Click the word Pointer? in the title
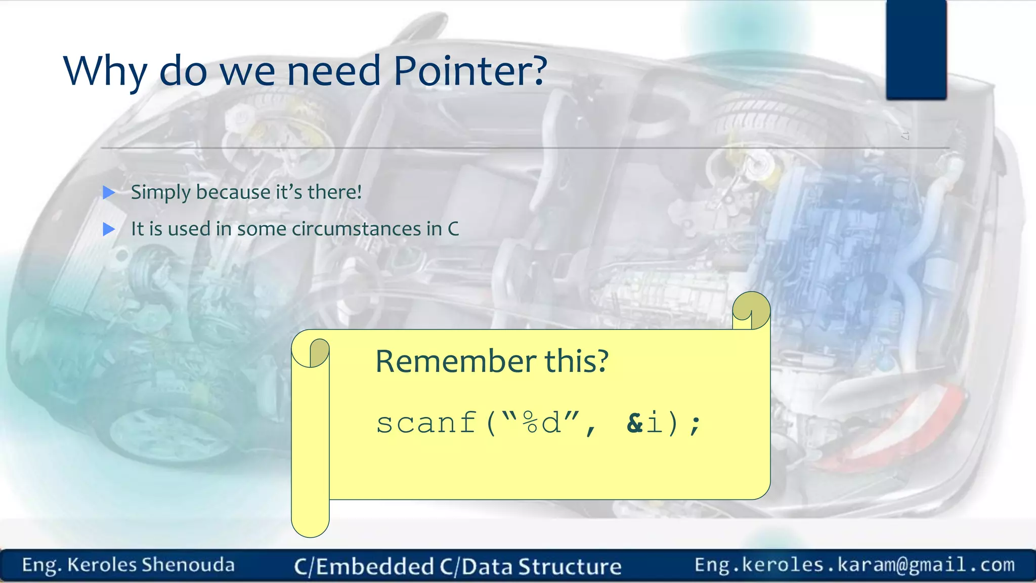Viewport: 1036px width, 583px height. [x=469, y=71]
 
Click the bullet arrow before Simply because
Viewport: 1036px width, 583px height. [x=109, y=192]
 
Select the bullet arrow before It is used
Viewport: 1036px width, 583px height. [x=109, y=229]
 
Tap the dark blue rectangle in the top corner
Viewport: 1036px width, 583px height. [x=916, y=50]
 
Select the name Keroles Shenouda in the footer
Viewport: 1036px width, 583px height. [x=151, y=565]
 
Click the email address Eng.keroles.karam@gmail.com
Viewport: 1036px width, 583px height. [x=854, y=565]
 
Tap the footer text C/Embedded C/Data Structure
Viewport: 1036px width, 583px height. [x=457, y=566]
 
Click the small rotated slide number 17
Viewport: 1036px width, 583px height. [x=905, y=135]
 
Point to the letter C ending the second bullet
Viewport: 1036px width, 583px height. [x=453, y=229]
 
